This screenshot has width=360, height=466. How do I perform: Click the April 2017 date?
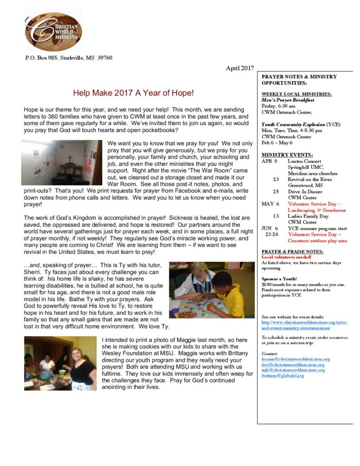pos(239,68)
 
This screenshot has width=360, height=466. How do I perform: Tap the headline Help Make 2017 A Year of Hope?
pos(133,93)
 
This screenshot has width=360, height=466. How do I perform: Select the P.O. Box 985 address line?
pos(68,58)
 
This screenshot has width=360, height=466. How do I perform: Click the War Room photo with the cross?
pos(62,162)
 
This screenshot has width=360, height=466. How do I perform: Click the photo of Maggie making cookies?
pos(60,363)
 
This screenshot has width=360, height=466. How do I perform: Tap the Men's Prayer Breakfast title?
pos(288,100)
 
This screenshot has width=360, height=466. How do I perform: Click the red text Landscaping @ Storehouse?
pos(317,210)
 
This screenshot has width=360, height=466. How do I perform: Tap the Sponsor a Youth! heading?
pos(279,279)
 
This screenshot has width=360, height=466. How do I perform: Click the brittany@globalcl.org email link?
pos(283,376)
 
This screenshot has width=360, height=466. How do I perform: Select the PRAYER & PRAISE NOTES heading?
pos(293,252)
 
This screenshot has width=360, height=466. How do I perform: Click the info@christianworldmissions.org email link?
pos(293,370)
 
